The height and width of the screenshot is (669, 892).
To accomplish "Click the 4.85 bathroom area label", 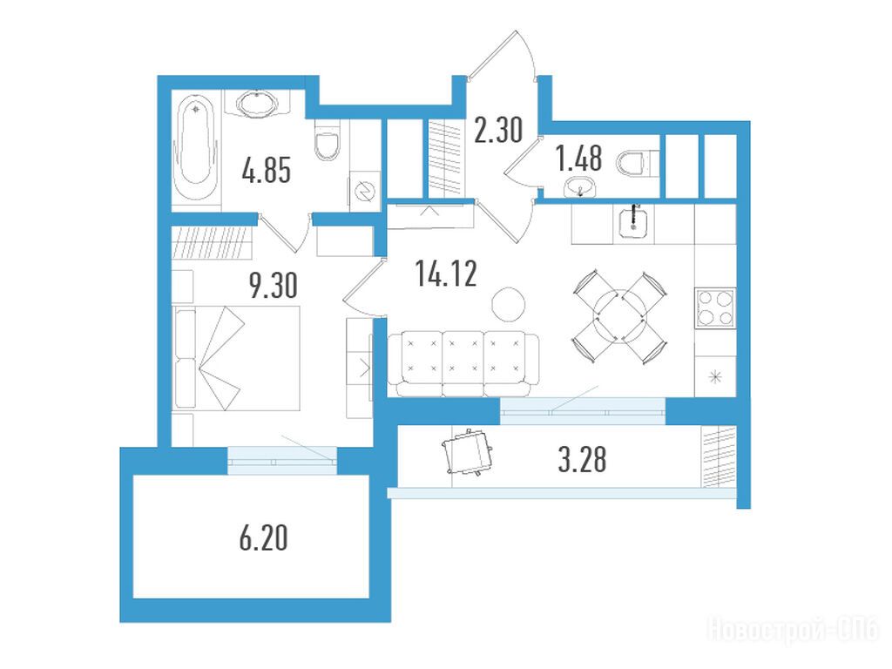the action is [266, 171].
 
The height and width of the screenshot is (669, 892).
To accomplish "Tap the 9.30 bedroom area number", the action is [274, 285].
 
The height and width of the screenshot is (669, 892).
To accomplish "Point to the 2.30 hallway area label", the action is [498, 130].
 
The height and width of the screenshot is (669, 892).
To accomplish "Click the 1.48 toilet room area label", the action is [579, 159].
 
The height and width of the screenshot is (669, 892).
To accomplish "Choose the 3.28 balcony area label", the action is [582, 460].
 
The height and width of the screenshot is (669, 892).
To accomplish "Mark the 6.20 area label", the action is [263, 538].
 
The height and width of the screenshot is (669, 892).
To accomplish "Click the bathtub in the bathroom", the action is [195, 149].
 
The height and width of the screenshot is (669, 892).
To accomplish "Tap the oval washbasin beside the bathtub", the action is [257, 104].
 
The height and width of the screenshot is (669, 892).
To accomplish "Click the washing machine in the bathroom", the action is [364, 191].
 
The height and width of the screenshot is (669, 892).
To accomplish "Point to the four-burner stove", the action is [715, 307].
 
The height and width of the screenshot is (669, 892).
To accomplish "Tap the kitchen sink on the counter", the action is [633, 221].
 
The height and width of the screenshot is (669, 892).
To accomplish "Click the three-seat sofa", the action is [463, 364].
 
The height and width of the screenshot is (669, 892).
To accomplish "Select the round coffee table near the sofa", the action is [508, 304].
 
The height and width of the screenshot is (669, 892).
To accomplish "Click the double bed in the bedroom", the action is [237, 357].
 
